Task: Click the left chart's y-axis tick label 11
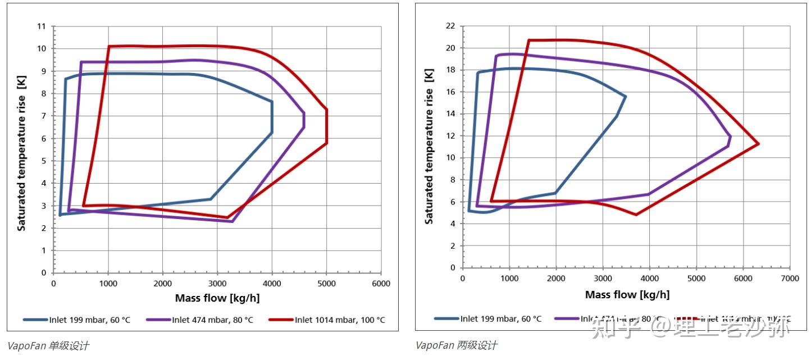click(x=41, y=26)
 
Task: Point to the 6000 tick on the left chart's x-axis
click(x=381, y=284)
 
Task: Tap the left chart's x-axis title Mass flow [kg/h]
click(x=217, y=298)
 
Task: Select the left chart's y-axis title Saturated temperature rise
click(x=21, y=163)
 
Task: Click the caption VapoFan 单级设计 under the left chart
click(x=48, y=345)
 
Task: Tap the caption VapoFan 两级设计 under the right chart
click(x=457, y=345)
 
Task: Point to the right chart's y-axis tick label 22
click(x=449, y=26)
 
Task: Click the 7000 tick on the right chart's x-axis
click(x=790, y=279)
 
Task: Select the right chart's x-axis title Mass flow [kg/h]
click(x=627, y=295)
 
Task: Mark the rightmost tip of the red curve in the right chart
click(x=759, y=144)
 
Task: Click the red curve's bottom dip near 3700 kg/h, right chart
click(x=636, y=214)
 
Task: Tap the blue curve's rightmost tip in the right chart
click(x=626, y=97)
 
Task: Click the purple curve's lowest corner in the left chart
click(x=232, y=221)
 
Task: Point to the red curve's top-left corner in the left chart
click(x=109, y=46)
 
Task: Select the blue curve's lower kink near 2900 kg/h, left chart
click(x=211, y=199)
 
